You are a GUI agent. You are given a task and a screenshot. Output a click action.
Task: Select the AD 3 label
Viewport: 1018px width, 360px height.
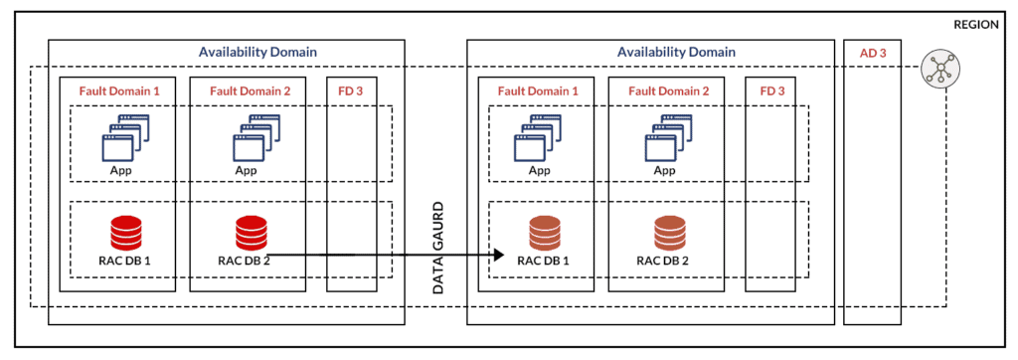coord(865,52)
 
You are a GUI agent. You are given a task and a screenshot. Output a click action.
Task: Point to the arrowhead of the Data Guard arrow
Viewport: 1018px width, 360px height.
coord(496,256)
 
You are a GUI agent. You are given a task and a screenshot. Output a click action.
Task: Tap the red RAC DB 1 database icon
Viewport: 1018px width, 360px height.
coord(123,233)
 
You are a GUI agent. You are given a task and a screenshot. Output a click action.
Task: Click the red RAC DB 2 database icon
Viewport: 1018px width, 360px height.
coord(249,233)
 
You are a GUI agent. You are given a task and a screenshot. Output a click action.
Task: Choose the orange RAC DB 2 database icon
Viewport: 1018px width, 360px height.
coord(668,233)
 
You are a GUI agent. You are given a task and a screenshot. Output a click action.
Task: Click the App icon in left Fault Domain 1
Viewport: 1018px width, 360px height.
coord(122,138)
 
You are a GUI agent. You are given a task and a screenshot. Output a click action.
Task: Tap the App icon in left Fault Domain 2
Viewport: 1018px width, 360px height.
coord(251,138)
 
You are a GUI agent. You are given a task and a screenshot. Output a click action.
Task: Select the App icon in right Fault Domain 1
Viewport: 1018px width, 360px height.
coord(539,138)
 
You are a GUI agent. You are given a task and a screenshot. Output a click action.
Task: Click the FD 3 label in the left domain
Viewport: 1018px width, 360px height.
coord(352,90)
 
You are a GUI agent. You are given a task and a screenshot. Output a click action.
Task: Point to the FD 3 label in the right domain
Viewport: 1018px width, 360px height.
coord(772,90)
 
